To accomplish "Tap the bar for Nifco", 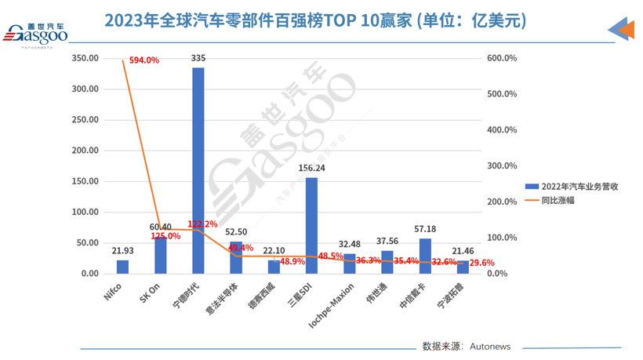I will point(122,267).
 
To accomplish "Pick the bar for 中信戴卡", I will point(425,256).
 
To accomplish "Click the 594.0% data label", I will point(143,60).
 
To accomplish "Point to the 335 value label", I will point(198,58).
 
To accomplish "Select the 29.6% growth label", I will point(482,263).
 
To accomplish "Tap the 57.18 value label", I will point(424,229).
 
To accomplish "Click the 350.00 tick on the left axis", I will point(84,58).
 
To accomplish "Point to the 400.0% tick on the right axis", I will point(503,130).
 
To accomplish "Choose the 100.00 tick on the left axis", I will point(84,212).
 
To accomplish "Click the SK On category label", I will point(149,296).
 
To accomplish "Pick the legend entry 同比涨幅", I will point(558,200).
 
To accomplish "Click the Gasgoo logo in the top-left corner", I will point(36,33).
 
